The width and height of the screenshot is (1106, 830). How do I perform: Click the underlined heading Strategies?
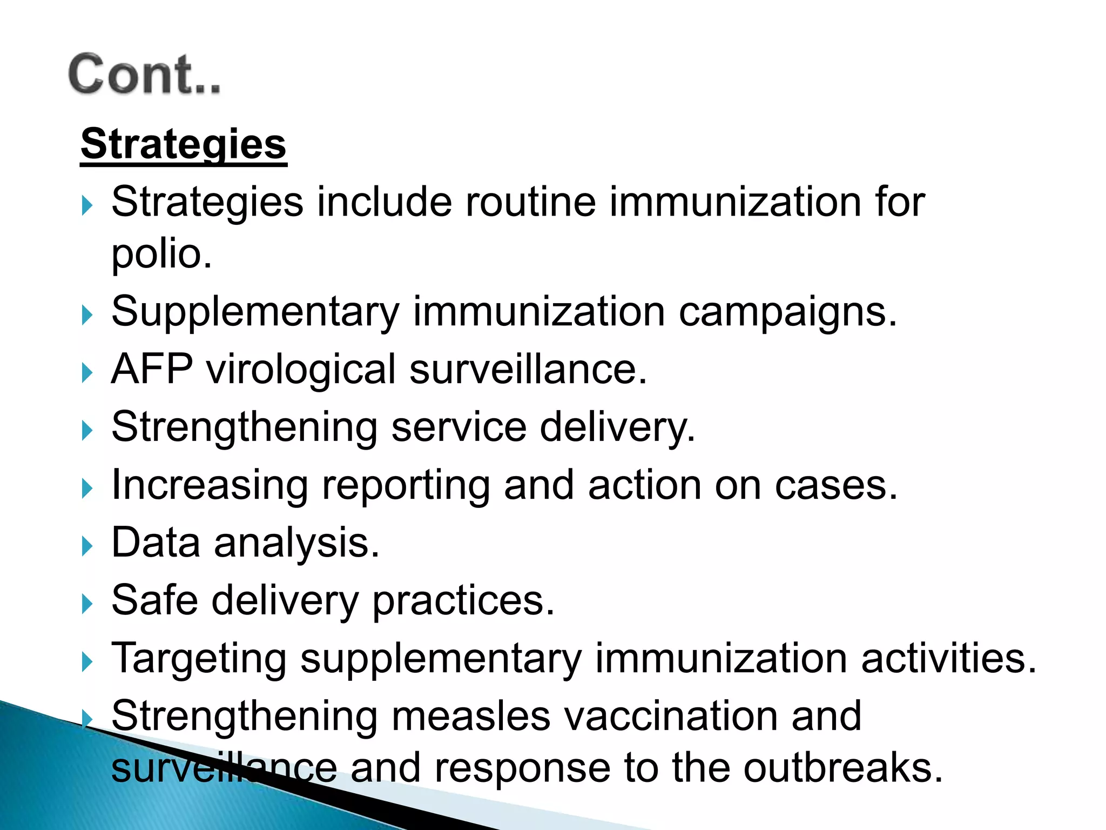184,144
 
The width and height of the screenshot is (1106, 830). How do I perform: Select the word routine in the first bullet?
530,202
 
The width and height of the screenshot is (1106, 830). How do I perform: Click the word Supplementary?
255,312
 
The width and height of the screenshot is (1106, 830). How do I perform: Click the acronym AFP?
152,370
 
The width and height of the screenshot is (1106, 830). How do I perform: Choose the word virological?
301,370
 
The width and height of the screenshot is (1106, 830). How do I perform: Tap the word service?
458,427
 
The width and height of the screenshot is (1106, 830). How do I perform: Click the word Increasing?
210,485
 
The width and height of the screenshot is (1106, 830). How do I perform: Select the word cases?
835,485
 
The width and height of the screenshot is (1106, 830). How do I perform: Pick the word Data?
156,543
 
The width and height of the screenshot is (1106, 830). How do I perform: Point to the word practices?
463,601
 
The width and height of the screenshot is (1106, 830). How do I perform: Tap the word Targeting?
199,659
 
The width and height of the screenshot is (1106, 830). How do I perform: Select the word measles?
470,716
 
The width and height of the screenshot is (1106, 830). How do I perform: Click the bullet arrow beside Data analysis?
87,546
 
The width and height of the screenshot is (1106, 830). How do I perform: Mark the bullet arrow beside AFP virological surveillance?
87,373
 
